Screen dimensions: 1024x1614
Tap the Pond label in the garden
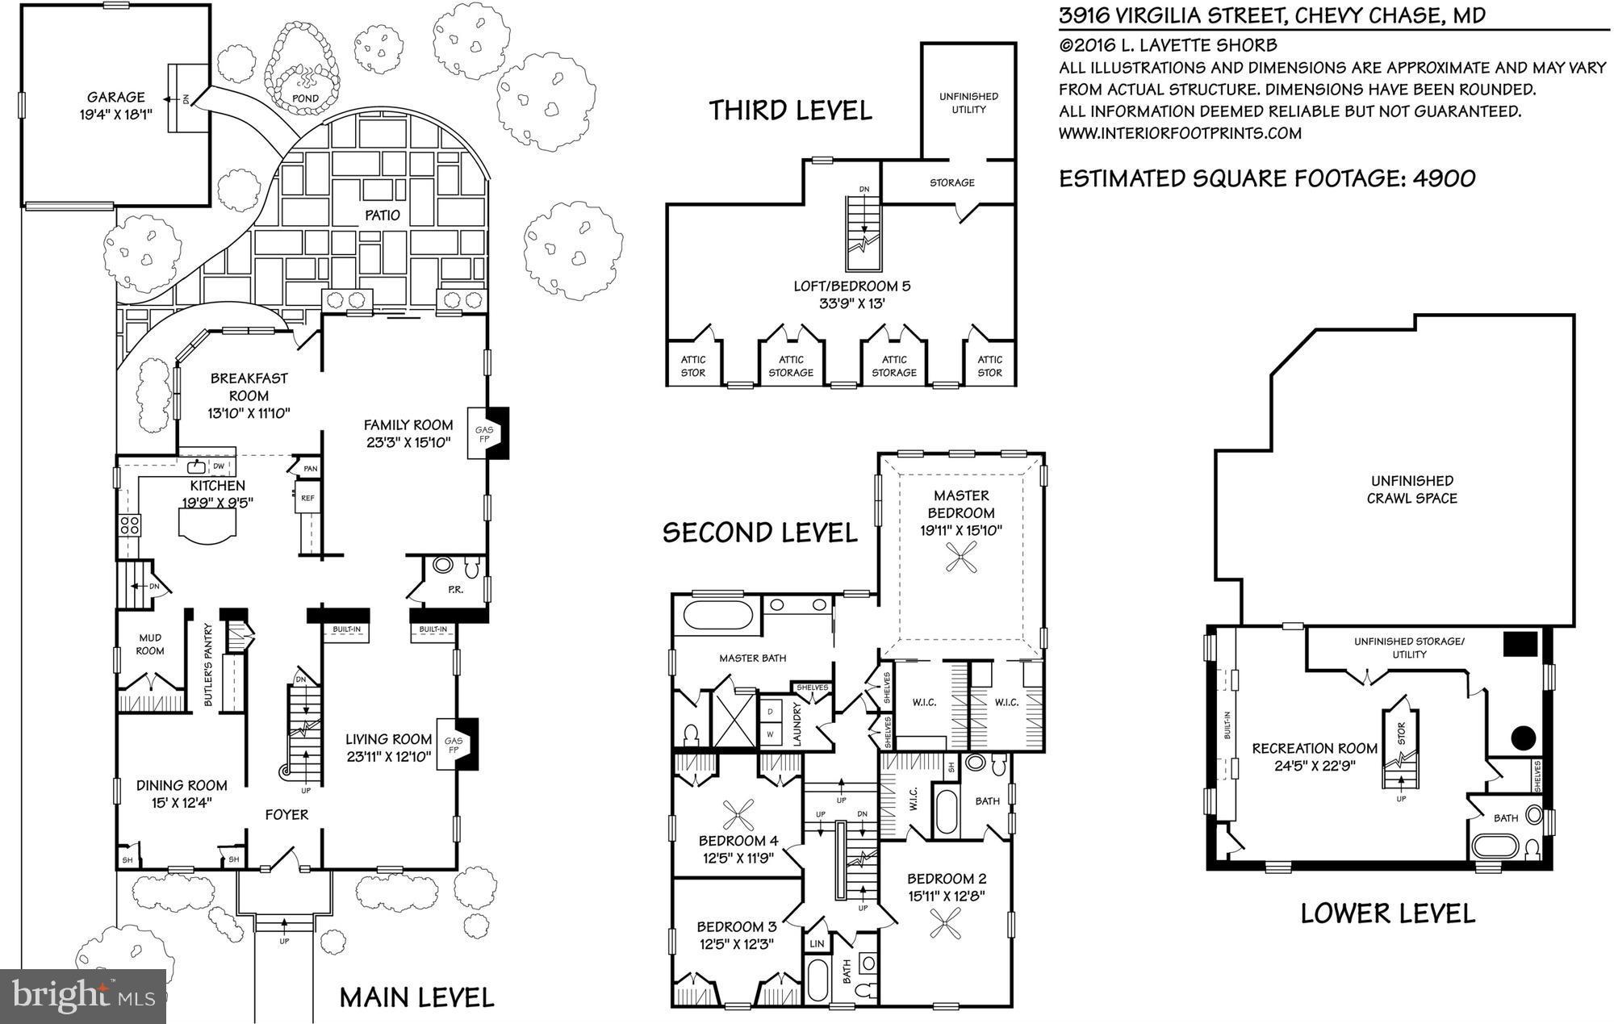(305, 98)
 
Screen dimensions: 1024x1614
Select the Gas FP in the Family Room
(483, 435)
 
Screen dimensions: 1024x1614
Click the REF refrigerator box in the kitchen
(307, 498)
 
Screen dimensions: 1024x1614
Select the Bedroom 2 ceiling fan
(944, 923)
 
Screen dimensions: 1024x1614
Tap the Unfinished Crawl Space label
(1411, 489)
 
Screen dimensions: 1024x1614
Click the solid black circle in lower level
(1522, 737)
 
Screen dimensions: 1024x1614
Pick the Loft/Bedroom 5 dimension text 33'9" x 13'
(863, 304)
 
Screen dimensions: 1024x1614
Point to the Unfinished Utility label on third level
(968, 102)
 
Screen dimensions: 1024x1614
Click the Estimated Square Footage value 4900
(1444, 178)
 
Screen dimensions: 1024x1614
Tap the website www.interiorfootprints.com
(1180, 133)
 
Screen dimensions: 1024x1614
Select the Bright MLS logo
(84, 996)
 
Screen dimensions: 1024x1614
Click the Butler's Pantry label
(208, 665)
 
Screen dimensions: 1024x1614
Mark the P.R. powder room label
(455, 590)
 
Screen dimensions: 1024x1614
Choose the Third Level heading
(790, 110)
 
